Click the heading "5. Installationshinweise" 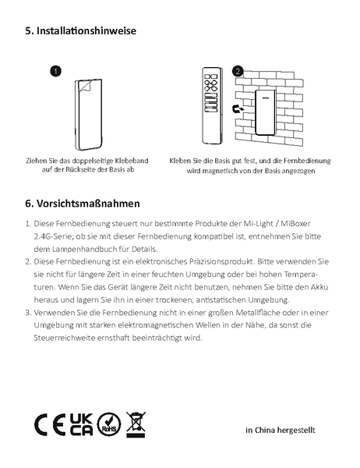80,30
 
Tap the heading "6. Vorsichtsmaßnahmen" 83,204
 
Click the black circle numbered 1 55,71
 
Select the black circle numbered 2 238,71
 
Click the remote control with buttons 213,105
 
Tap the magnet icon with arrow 238,109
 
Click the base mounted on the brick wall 265,113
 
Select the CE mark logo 50,424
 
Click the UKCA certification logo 81,424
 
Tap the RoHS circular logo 109,424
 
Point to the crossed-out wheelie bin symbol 136,424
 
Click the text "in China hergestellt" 280,430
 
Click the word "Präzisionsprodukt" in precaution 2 221,262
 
